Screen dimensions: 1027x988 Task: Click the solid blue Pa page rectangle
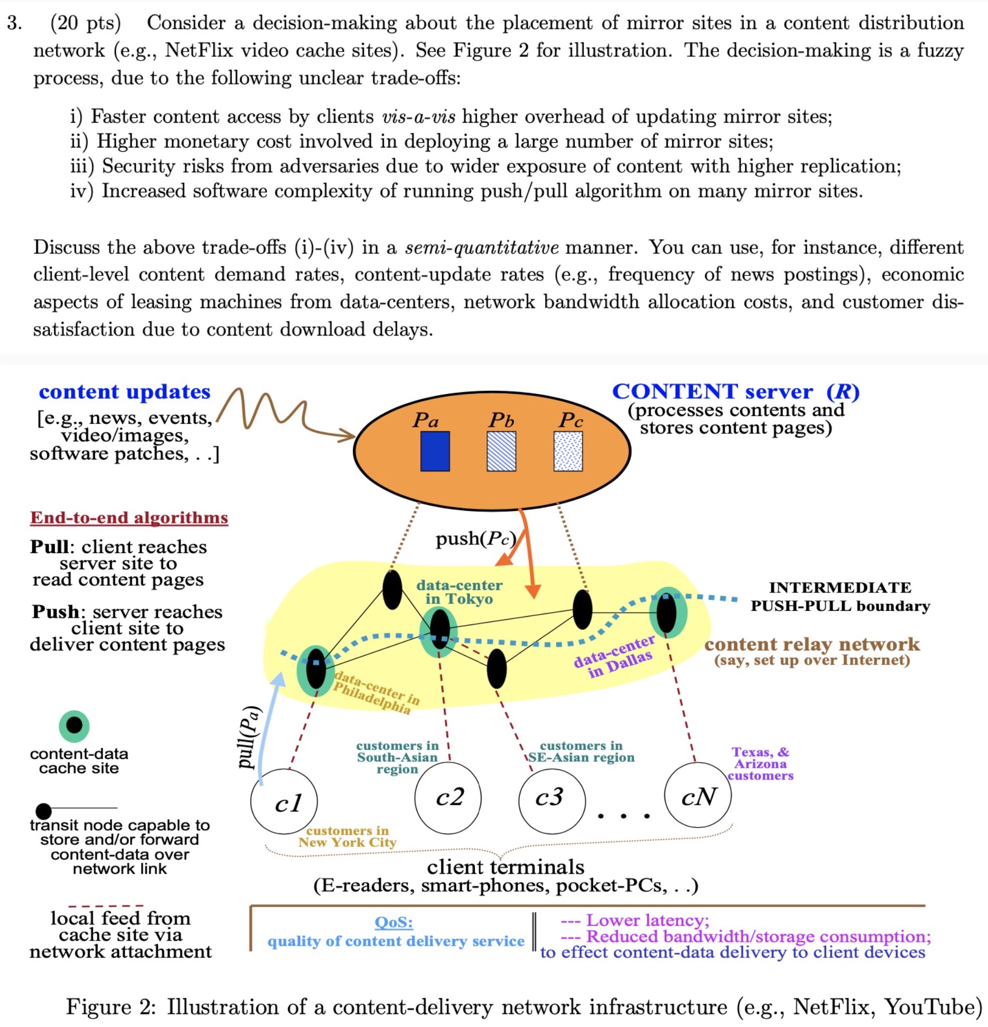tap(435, 451)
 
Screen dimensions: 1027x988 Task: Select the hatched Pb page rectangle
tap(501, 451)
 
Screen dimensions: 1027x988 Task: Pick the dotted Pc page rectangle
tap(568, 451)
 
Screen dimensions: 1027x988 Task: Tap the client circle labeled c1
tap(284, 802)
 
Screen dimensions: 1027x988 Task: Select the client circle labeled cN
tap(698, 796)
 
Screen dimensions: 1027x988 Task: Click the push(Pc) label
tap(476, 539)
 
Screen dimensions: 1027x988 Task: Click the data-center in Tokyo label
tap(459, 592)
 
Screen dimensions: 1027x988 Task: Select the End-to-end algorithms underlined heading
tap(129, 518)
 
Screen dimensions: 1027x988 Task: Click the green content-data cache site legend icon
tap(74, 725)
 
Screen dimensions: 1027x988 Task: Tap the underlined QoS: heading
tap(393, 922)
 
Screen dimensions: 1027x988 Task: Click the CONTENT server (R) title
tap(735, 392)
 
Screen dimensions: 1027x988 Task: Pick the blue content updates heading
tap(125, 392)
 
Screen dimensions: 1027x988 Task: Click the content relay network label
tap(812, 644)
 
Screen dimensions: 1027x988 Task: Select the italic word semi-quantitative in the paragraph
tap(481, 248)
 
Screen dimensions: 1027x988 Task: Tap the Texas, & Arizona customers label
tap(760, 764)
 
